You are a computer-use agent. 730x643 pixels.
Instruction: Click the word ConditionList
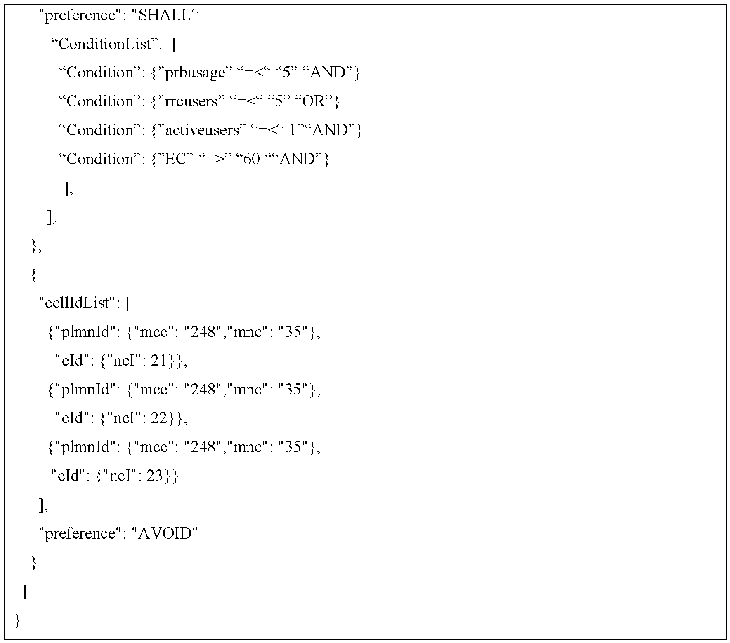105,44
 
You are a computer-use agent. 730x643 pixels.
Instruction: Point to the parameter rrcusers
191,101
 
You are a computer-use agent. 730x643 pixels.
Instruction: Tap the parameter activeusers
202,130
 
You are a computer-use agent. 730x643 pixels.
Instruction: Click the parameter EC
176,159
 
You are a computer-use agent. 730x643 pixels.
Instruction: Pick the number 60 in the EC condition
252,159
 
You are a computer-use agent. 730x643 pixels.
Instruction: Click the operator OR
314,101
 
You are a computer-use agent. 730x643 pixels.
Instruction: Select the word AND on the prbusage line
328,73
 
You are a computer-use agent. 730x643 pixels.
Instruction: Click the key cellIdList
77,303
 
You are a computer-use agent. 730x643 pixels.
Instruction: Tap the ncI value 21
158,361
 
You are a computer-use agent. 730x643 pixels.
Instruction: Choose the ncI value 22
158,418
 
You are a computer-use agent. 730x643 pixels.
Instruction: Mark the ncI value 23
154,476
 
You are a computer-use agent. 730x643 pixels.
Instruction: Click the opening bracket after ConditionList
175,45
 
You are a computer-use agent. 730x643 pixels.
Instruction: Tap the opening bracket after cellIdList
128,304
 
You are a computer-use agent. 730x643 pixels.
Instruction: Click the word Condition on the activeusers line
100,130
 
